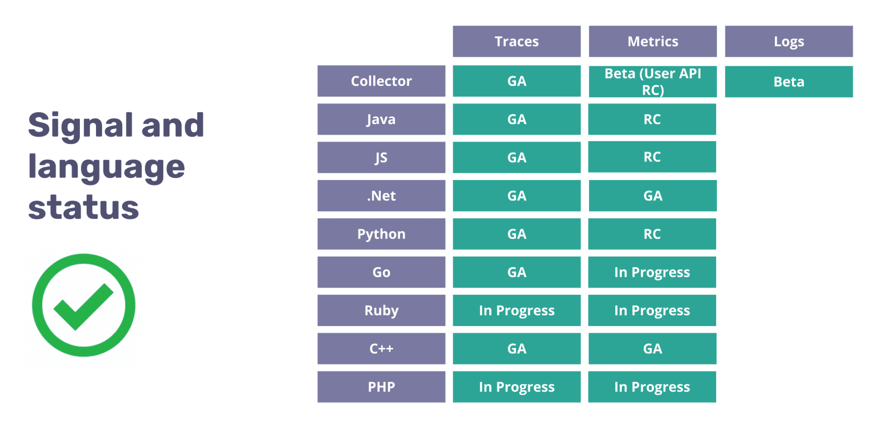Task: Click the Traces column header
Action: click(517, 41)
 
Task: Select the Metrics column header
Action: click(652, 41)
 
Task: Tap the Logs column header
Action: click(789, 41)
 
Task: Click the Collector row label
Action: click(381, 81)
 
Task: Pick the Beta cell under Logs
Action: click(789, 82)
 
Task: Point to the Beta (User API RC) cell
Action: click(652, 82)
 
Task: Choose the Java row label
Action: click(381, 119)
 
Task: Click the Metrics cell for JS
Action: click(652, 157)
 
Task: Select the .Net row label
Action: click(381, 196)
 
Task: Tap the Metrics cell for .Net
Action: click(652, 196)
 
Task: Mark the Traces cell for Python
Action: click(517, 234)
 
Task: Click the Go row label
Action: click(381, 272)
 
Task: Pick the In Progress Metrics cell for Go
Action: click(652, 272)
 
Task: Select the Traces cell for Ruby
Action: click(517, 310)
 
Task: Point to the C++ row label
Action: click(381, 348)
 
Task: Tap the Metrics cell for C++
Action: click(652, 348)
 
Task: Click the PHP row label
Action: click(381, 387)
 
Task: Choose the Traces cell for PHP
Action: click(517, 387)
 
